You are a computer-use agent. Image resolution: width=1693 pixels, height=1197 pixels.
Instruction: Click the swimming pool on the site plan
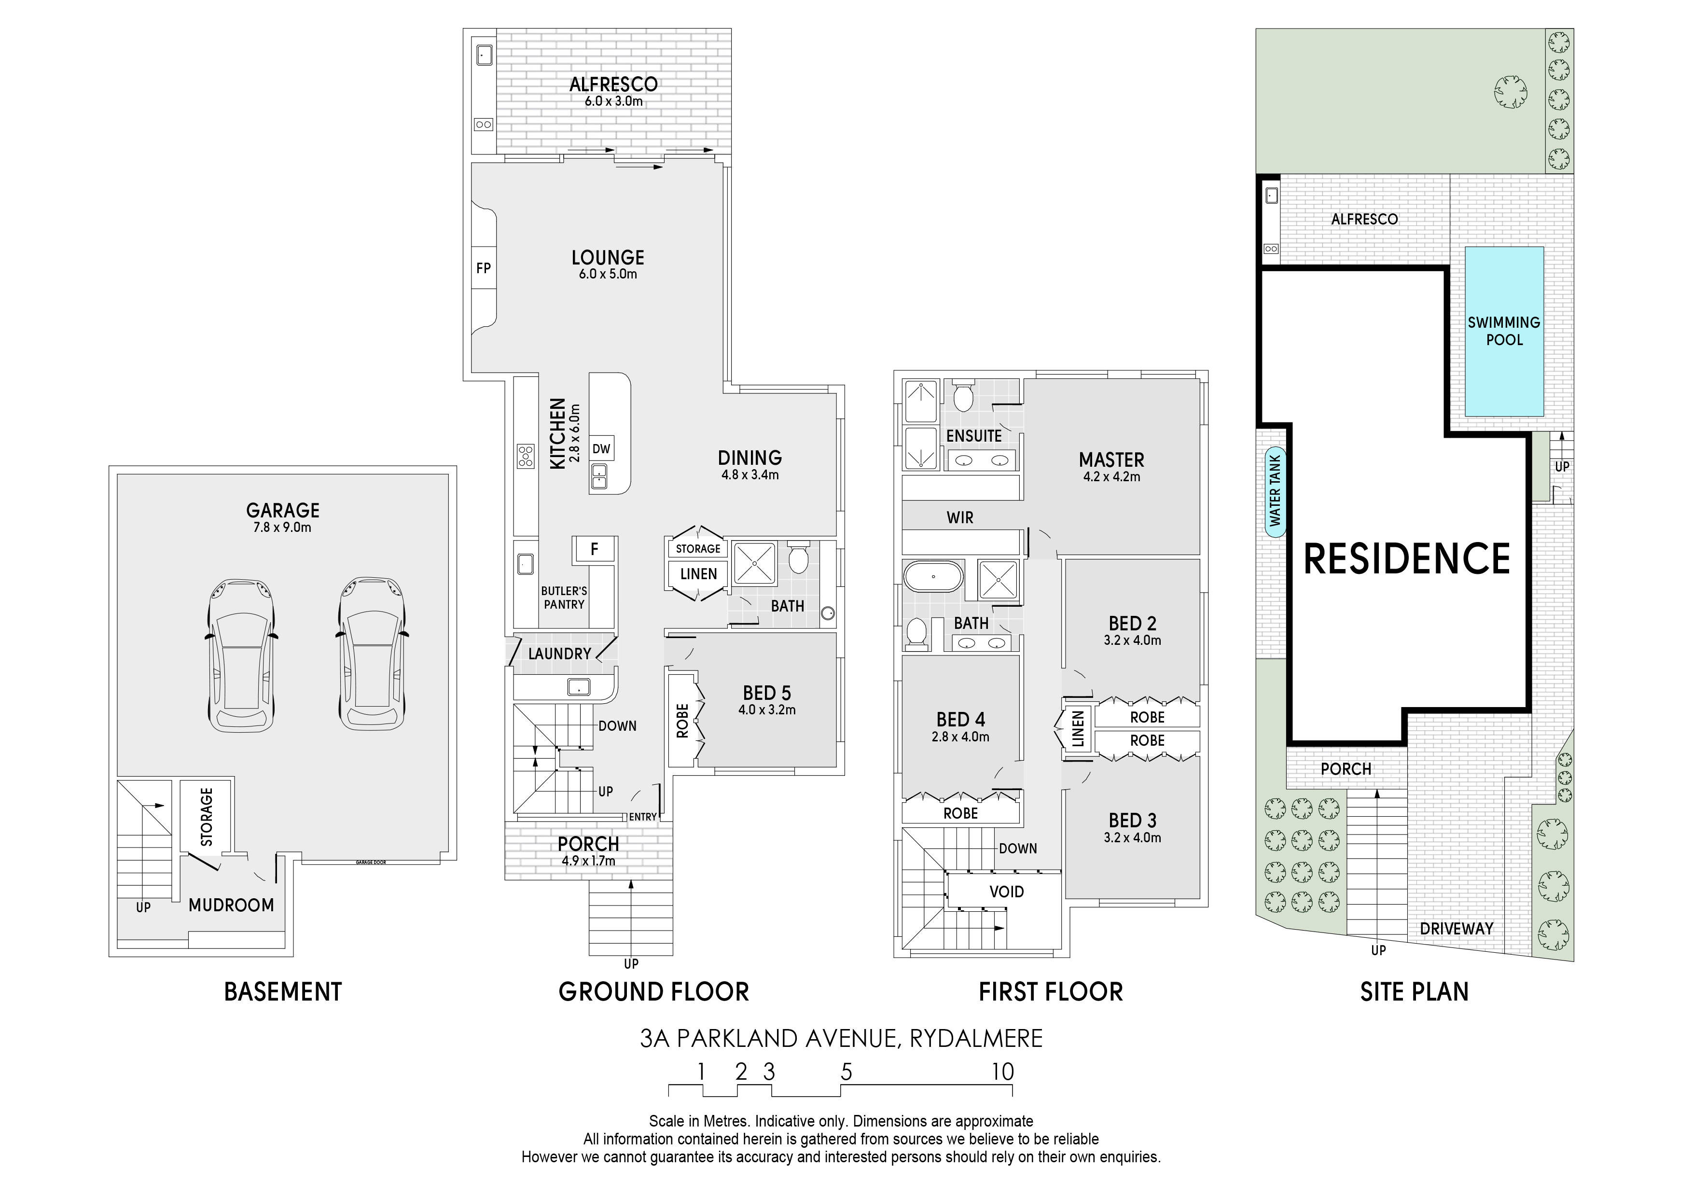click(1504, 331)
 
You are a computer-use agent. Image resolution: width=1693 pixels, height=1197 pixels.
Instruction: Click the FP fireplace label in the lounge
click(483, 268)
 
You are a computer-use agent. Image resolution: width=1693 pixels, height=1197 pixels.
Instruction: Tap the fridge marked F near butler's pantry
click(594, 549)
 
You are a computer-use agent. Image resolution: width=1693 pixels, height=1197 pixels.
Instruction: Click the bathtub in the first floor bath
click(933, 576)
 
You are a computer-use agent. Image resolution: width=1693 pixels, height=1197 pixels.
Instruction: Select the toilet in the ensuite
click(963, 396)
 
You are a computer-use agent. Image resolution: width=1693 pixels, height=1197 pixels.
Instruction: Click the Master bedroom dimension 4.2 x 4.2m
click(1111, 477)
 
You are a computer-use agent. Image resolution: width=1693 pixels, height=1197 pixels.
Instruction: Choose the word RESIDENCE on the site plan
click(1407, 558)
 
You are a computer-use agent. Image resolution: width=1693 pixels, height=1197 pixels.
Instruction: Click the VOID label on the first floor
click(1007, 891)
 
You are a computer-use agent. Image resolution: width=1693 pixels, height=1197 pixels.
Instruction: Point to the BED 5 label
click(767, 693)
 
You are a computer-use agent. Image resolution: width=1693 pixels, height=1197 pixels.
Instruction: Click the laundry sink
click(579, 687)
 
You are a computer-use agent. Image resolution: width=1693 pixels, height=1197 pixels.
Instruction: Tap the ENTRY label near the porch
click(642, 817)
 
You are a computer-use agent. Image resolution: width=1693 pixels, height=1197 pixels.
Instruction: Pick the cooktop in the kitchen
click(525, 456)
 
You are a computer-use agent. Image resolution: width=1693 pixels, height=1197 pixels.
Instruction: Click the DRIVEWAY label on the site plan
click(1457, 929)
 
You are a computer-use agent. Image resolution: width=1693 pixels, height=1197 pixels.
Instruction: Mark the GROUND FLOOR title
click(653, 991)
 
